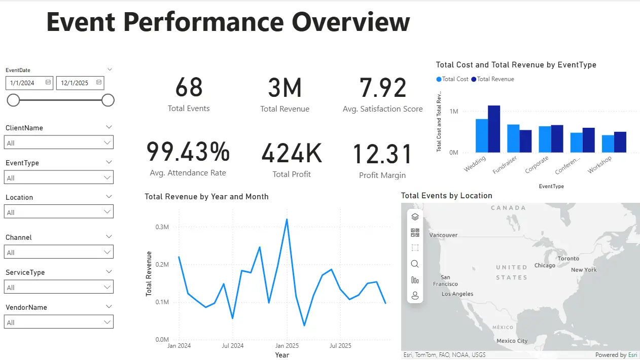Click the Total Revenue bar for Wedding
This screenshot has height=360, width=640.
click(494, 129)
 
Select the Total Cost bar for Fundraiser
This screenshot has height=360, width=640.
click(513, 138)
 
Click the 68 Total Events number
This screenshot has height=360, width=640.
click(189, 88)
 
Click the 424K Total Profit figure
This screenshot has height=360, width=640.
click(292, 154)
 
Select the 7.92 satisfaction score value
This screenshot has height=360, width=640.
click(383, 88)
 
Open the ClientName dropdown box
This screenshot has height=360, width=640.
click(59, 143)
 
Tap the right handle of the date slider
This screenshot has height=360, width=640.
click(108, 100)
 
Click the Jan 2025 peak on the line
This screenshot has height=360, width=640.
click(287, 220)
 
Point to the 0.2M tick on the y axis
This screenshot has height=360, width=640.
click(162, 265)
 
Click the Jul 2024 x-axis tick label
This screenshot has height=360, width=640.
click(233, 346)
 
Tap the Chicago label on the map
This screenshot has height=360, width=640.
click(545, 266)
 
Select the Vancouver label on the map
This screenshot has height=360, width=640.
click(443, 235)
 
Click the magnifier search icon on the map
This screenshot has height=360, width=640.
click(415, 264)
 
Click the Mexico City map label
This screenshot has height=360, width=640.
click(512, 341)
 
